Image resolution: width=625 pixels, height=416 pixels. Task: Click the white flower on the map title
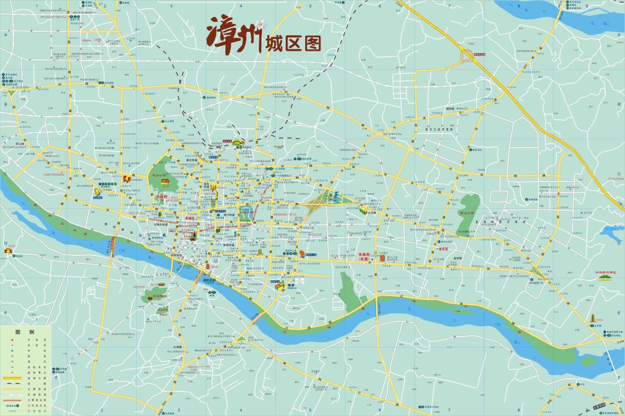tap(261, 24)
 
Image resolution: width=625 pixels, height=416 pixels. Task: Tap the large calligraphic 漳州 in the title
tap(236, 38)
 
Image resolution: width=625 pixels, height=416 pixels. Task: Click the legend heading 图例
tap(25, 332)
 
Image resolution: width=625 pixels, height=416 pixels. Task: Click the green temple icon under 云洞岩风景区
tap(606, 278)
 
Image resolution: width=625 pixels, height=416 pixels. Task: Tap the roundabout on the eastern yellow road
tap(535, 269)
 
